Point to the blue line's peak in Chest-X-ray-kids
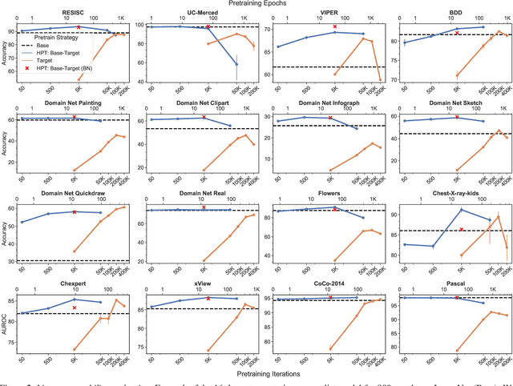pos(461,210)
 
